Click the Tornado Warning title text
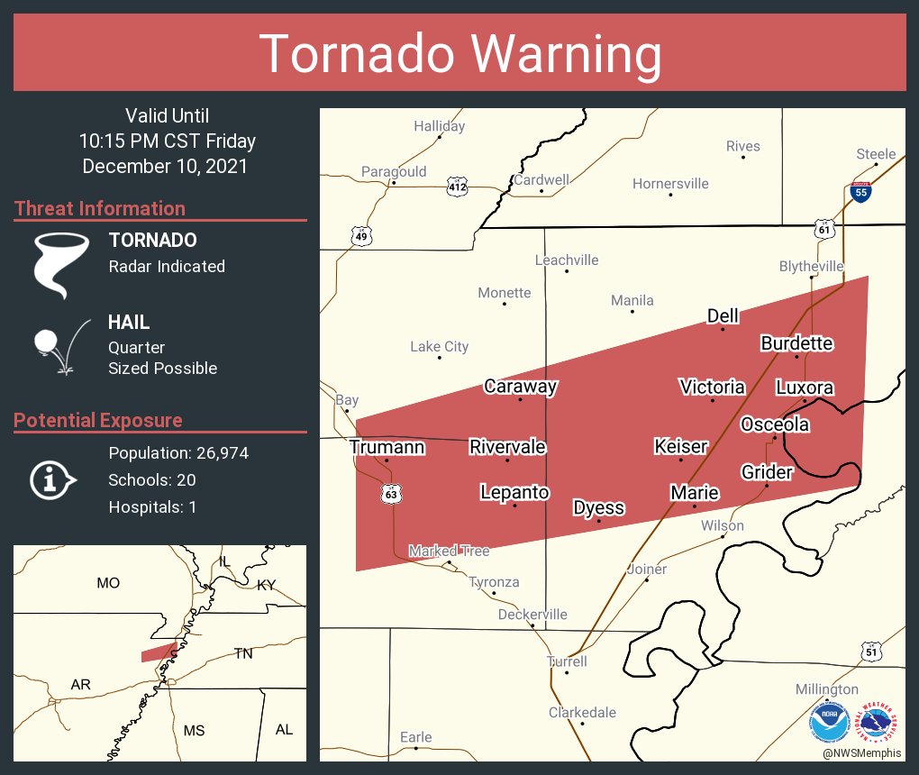pyautogui.click(x=459, y=54)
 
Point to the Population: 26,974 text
pyautogui.click(x=178, y=453)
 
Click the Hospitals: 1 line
pyautogui.click(x=152, y=507)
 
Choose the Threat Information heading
pyautogui.click(x=100, y=209)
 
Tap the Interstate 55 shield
pyautogui.click(x=860, y=191)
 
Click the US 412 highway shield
pyautogui.click(x=458, y=187)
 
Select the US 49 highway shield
pyautogui.click(x=360, y=236)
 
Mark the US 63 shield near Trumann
pyautogui.click(x=389, y=494)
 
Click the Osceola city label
pyautogui.click(x=775, y=424)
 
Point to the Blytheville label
pyautogui.click(x=811, y=267)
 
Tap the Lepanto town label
pyautogui.click(x=514, y=492)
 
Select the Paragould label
pyautogui.click(x=394, y=171)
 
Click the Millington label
pyautogui.click(x=826, y=689)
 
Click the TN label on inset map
pyautogui.click(x=244, y=653)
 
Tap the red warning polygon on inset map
pyautogui.click(x=158, y=652)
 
